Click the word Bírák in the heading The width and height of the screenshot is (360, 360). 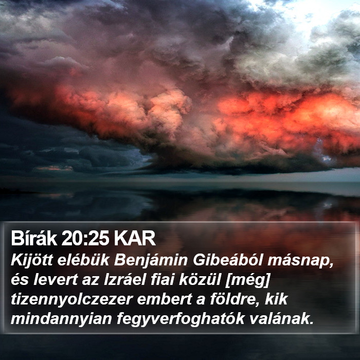(x=34, y=239)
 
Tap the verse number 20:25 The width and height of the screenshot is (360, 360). (x=85, y=239)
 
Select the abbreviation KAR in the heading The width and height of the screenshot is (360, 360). (x=135, y=239)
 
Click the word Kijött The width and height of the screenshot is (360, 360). (x=32, y=260)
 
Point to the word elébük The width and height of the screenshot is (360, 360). (x=83, y=260)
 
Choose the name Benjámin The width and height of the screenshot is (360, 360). (x=151, y=261)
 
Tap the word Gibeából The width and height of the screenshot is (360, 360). (x=227, y=260)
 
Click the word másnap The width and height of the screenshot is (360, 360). (x=300, y=262)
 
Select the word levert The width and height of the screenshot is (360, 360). (x=55, y=280)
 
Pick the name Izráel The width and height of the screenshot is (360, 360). (x=125, y=280)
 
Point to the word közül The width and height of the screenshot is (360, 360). (x=200, y=280)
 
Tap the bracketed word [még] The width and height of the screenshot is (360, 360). (x=247, y=281)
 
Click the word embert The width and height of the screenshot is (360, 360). (x=165, y=299)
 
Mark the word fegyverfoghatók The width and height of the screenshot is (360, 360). (x=181, y=319)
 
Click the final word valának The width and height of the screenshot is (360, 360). (x=281, y=319)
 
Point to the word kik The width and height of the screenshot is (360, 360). (x=276, y=299)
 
